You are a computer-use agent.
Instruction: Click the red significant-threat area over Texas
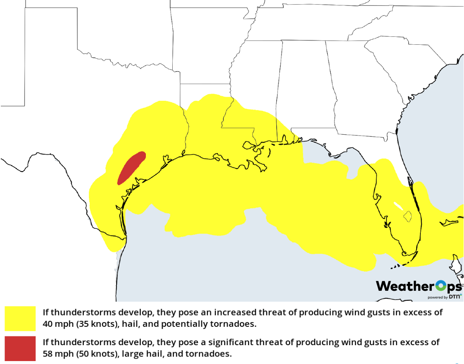point(130,168)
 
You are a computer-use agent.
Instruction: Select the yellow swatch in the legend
point(20,318)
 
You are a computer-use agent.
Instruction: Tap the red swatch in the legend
point(20,348)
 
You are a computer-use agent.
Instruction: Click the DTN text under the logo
point(454,297)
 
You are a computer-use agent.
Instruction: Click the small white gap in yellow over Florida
point(398,206)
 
